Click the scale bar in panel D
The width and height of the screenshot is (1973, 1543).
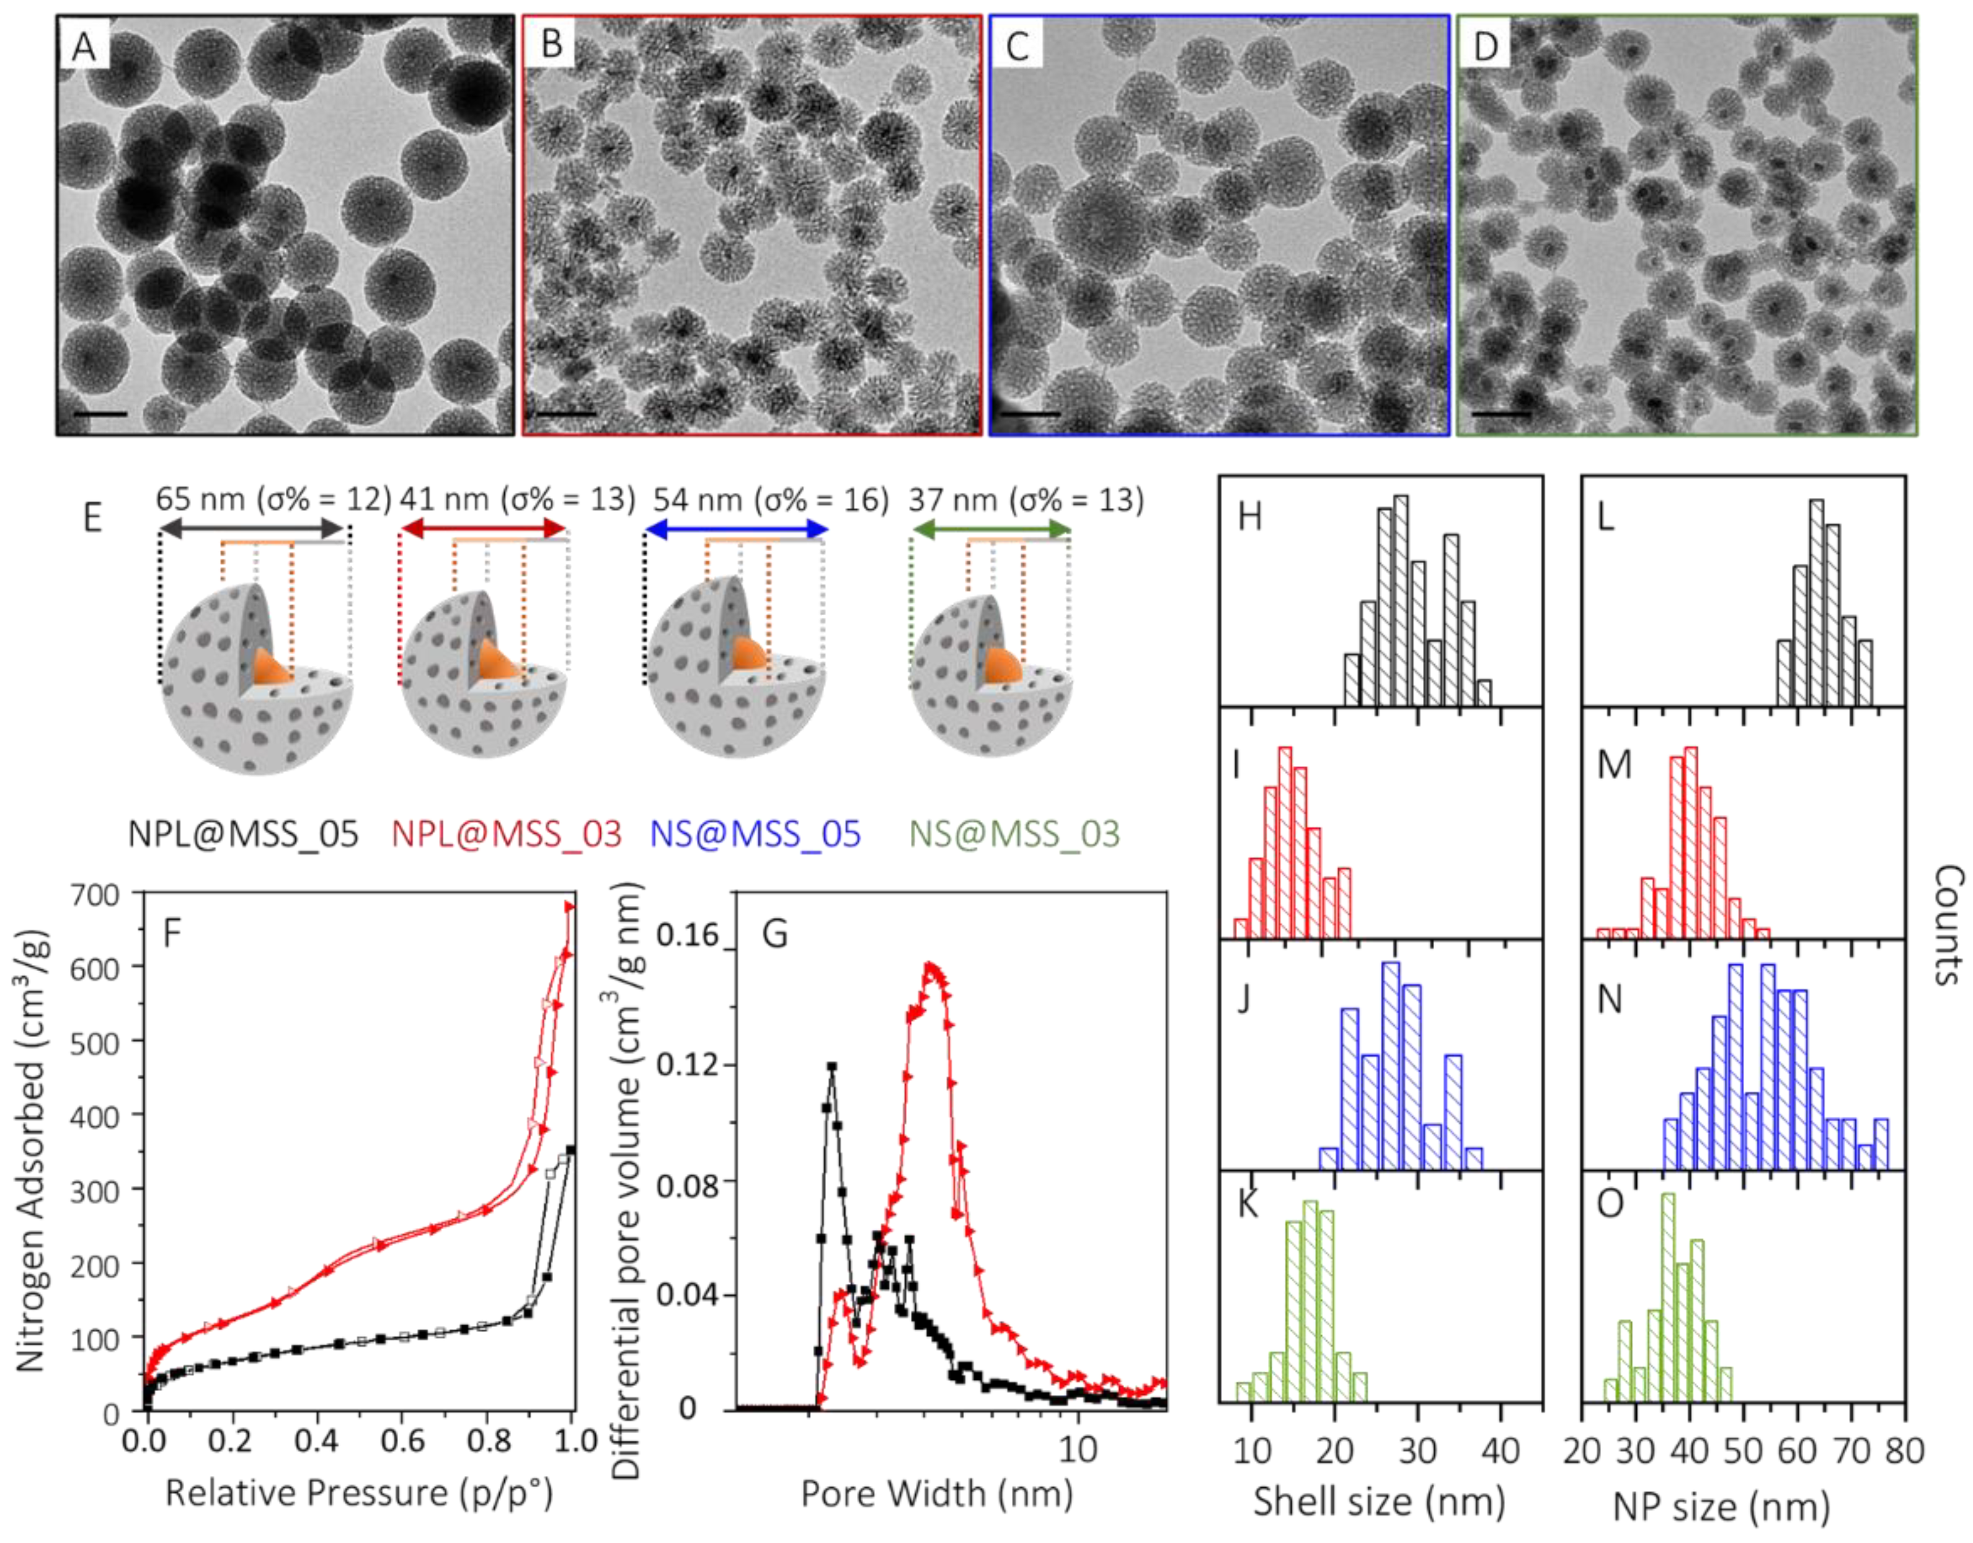point(1501,415)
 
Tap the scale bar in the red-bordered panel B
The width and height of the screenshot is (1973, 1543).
point(567,415)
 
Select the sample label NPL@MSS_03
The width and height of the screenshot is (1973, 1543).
point(507,833)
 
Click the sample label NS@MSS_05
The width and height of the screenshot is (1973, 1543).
point(755,833)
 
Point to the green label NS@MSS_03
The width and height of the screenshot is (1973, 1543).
point(1014,833)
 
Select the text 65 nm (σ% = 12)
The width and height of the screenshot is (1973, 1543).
point(273,500)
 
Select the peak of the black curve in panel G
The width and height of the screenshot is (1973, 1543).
point(831,1067)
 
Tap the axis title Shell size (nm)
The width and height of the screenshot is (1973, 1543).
point(1378,1501)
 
